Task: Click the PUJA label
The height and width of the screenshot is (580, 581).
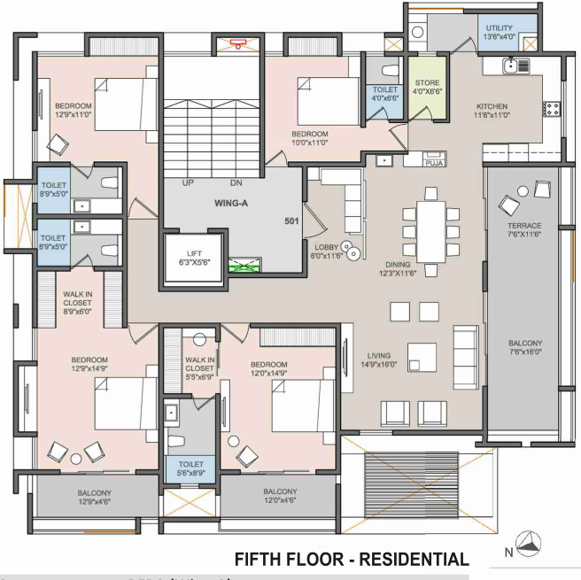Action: coord(434,164)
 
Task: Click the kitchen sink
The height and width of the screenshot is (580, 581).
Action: coord(510,65)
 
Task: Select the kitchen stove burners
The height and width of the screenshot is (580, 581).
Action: coord(552,109)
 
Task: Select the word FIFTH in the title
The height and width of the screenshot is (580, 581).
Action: coord(260,559)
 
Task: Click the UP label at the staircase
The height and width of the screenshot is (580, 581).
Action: coord(188,183)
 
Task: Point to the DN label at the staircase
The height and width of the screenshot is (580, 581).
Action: coord(236,183)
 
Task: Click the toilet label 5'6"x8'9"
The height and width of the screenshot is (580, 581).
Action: coord(190,468)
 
